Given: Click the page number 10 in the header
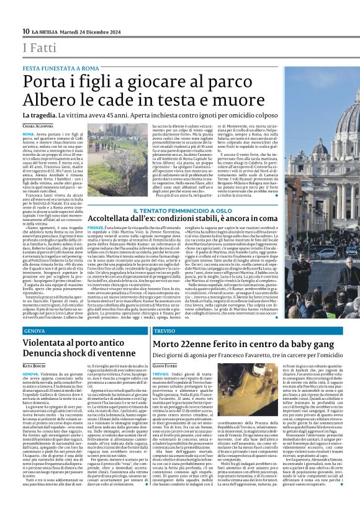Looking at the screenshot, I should coord(26,32).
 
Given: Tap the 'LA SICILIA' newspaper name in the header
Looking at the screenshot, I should coord(45,32).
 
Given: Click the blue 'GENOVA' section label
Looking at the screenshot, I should coord(36,331).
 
